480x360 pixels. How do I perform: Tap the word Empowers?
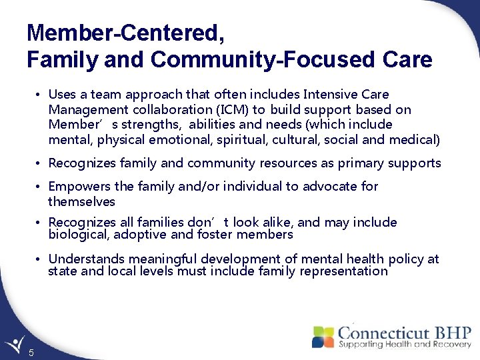pos(79,187)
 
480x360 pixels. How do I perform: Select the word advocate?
pos(330,187)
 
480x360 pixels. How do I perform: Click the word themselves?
pos(81,201)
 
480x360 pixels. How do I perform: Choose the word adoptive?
pos(139,234)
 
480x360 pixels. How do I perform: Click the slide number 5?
pos(31,353)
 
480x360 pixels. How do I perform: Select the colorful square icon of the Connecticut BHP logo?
pos(323,337)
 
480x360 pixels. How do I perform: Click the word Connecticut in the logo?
pos(382,333)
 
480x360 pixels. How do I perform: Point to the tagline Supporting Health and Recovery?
pos(403,345)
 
